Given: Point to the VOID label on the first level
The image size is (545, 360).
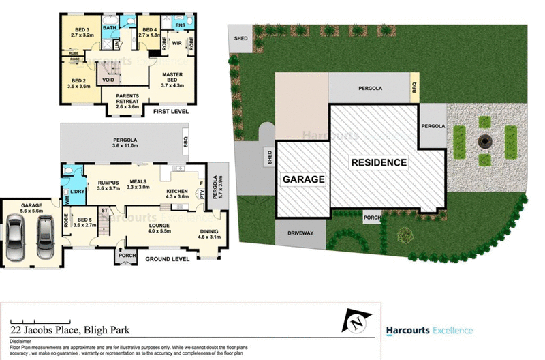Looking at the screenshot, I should tap(108, 80).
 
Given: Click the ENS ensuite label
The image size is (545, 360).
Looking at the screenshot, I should tap(180, 26).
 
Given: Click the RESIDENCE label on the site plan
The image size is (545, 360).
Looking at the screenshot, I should tap(379, 163).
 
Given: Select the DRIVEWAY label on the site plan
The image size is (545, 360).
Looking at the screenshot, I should tap(300, 233).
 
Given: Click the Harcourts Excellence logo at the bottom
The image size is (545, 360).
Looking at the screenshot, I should tap(429, 331).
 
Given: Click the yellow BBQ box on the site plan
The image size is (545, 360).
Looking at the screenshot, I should tap(414, 88).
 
